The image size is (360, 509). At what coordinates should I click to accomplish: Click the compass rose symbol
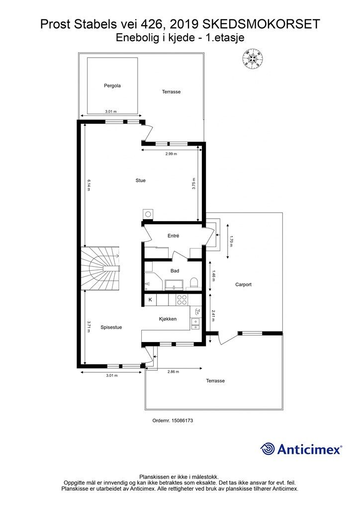pyautogui.click(x=252, y=59)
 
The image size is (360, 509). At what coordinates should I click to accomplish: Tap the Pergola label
pyautogui.click(x=112, y=85)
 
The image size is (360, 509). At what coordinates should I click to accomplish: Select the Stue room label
pyautogui.click(x=141, y=180)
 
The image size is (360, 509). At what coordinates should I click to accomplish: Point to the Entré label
pyautogui.click(x=174, y=236)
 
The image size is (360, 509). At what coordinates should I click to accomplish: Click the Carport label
pyautogui.click(x=244, y=285)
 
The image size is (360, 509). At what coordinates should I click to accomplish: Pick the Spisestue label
pyautogui.click(x=111, y=327)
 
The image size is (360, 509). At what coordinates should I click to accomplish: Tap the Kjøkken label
pyautogui.click(x=168, y=319)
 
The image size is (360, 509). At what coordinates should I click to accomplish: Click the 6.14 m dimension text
pyautogui.click(x=89, y=185)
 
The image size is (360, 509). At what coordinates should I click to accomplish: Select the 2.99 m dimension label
pyautogui.click(x=171, y=154)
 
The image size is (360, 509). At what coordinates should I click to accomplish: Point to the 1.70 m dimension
pyautogui.click(x=231, y=241)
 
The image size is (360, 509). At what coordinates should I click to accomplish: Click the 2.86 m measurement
pyautogui.click(x=173, y=372)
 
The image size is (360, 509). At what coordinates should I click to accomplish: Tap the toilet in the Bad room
pyautogui.click(x=194, y=283)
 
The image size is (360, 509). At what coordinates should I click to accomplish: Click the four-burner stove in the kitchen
pyautogui.click(x=182, y=299)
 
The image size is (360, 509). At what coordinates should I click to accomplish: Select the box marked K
pyautogui.click(x=150, y=300)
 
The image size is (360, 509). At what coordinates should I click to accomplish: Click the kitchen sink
pyautogui.click(x=196, y=324)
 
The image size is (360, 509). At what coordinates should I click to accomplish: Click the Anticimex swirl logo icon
pyautogui.click(x=268, y=449)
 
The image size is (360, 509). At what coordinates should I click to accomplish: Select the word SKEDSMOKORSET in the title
pyautogui.click(x=261, y=24)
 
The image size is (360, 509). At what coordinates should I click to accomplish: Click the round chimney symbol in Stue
pyautogui.click(x=148, y=214)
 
